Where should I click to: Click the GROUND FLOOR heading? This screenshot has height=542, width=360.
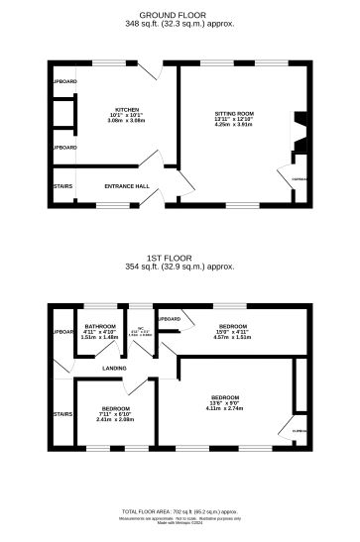tap(180, 15)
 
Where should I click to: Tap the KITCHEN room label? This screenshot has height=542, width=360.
tap(126, 109)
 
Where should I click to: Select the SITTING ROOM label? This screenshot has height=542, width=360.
tap(235, 114)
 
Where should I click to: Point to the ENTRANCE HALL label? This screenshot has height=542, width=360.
tap(126, 185)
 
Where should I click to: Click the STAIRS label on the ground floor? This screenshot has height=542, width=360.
tap(61, 184)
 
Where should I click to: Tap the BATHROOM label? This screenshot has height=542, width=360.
tap(100, 326)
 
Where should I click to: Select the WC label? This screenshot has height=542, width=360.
tap(142, 328)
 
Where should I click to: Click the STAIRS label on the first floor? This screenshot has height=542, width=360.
tap(61, 414)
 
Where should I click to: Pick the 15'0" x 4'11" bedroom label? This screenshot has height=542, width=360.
tap(234, 326)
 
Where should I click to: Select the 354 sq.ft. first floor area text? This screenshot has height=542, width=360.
tap(180, 267)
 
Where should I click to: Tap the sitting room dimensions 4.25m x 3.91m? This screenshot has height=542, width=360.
tap(235, 126)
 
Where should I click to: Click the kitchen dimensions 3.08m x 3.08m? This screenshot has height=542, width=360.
tap(126, 121)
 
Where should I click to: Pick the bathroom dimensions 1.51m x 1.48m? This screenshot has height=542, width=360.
tap(100, 338)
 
